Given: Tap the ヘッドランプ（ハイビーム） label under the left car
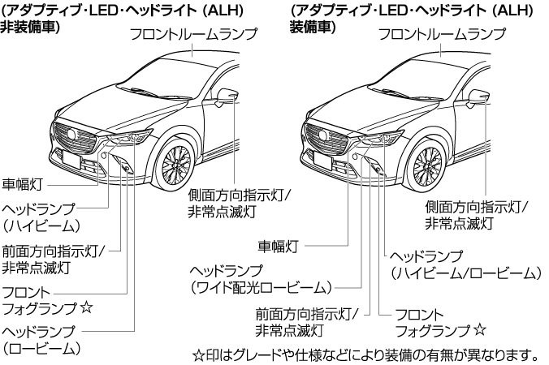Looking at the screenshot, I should click(x=41, y=215).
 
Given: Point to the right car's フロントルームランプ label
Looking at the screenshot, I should click(x=443, y=35).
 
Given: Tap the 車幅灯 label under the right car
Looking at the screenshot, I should click(x=279, y=242).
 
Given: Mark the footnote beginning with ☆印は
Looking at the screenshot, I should click(x=365, y=354).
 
